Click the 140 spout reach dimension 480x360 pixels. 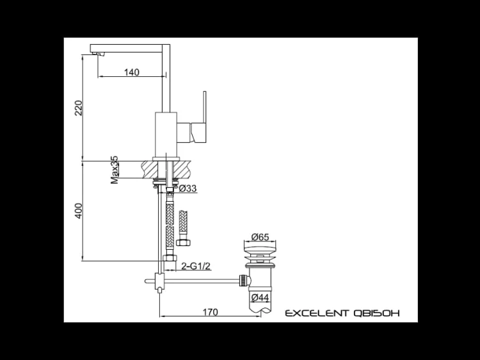132,72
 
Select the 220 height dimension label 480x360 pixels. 79,108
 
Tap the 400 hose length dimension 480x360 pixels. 79,211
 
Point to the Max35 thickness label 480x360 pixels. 114,170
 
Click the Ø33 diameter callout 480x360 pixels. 188,188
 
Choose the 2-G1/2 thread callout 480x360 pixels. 196,266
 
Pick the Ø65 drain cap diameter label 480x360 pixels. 260,237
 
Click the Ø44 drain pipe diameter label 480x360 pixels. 260,297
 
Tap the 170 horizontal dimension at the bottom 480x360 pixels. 211,312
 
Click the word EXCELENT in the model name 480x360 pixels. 317,313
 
